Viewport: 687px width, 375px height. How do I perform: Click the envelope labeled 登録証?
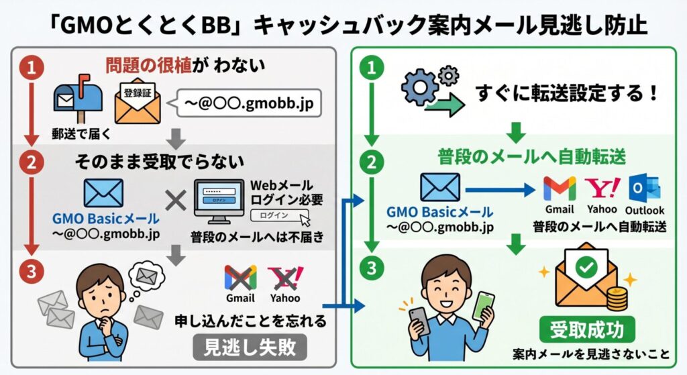tap(137, 102)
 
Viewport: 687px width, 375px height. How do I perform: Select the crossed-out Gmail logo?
tap(240, 277)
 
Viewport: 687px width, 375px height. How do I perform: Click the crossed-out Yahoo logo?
tap(284, 277)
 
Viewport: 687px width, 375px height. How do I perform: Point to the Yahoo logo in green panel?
tap(602, 187)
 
